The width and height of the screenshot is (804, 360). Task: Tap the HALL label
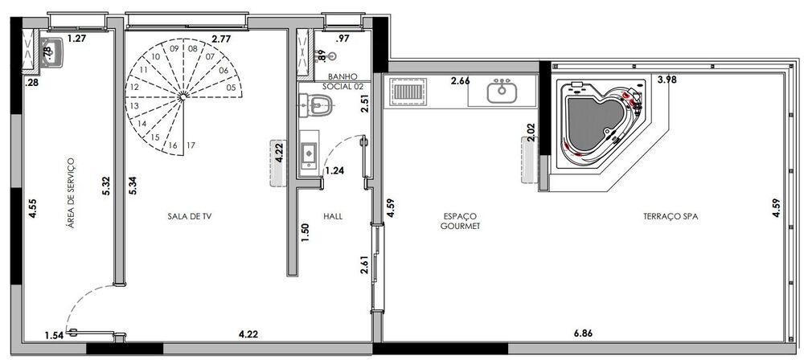(x=333, y=215)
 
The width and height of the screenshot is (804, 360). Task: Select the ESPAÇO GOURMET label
(x=461, y=221)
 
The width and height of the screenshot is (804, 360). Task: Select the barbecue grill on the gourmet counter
(x=404, y=92)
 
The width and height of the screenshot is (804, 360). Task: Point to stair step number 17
(x=191, y=145)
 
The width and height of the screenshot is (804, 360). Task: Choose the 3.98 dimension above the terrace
(x=667, y=79)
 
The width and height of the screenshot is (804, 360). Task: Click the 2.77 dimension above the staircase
(x=221, y=38)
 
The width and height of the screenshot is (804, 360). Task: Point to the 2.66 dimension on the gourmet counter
(x=460, y=81)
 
